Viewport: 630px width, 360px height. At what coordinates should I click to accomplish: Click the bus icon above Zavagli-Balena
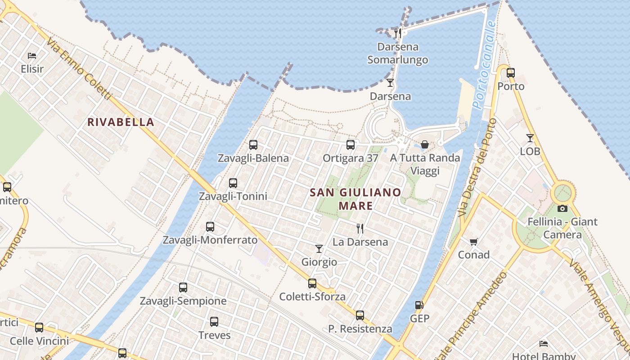tap(253, 145)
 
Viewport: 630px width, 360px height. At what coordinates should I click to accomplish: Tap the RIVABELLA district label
tap(121, 122)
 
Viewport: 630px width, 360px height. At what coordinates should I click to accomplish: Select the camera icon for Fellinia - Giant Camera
tap(562, 208)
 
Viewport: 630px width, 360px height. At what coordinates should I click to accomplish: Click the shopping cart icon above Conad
tap(473, 242)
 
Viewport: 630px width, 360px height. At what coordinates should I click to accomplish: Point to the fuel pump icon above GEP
tap(419, 305)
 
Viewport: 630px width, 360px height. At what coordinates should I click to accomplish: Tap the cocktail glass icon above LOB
tap(530, 138)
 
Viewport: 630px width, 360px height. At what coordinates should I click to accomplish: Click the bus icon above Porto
tap(511, 73)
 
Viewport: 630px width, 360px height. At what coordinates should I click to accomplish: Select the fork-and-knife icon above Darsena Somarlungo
tap(397, 33)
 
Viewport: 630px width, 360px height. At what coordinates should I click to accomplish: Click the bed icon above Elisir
tap(32, 56)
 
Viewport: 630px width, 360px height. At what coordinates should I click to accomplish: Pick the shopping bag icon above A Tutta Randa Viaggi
tap(424, 144)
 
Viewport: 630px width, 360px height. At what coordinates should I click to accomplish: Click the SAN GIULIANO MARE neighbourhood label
tap(355, 199)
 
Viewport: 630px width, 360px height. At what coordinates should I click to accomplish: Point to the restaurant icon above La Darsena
tap(360, 229)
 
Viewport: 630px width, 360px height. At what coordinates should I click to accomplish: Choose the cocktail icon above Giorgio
tap(319, 248)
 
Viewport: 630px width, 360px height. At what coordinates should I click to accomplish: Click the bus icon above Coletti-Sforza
tap(312, 283)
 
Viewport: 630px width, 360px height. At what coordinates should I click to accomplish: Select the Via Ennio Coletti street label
tap(78, 69)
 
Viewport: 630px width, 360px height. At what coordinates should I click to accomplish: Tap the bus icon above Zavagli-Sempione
tap(183, 288)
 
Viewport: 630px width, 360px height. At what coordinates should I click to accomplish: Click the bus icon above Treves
tap(214, 322)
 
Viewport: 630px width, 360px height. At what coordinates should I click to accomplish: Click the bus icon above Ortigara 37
tap(351, 145)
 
